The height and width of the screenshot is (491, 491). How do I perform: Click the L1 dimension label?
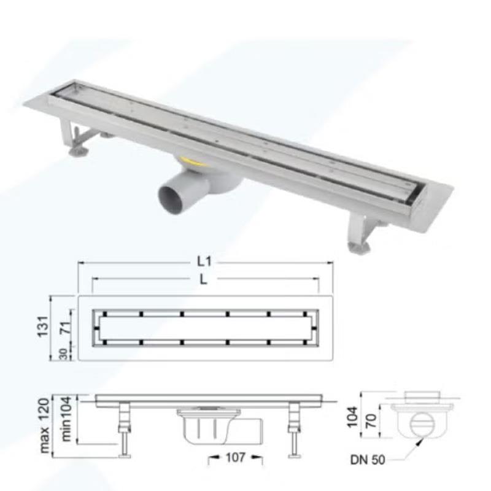click(204, 261)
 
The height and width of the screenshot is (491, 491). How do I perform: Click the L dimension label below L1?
click(204, 279)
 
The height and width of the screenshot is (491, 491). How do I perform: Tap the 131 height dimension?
click(43, 327)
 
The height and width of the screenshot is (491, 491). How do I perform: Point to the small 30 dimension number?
click(64, 354)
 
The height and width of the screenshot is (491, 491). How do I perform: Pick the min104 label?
click(66, 419)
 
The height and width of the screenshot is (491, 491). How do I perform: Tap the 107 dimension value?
click(236, 457)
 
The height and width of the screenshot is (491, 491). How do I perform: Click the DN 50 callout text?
click(368, 460)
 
